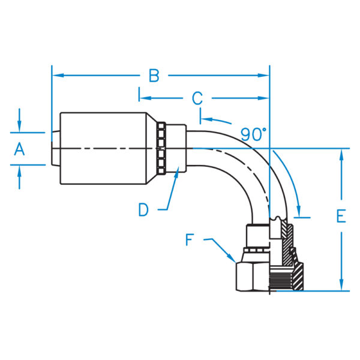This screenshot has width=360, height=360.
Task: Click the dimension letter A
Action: point(19,149)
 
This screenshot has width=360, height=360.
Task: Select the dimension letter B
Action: point(154,76)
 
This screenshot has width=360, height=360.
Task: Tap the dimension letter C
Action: point(197,98)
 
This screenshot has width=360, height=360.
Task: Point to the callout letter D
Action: point(143,209)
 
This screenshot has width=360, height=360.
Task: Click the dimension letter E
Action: point(341,217)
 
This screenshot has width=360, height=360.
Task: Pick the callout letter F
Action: point(191,240)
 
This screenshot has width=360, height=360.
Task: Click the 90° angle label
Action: point(253,134)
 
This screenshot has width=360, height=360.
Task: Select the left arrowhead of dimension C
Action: point(145,98)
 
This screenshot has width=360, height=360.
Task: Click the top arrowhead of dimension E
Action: point(341,154)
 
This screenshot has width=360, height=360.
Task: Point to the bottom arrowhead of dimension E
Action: point(341,286)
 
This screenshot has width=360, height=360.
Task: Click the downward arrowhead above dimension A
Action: point(19,127)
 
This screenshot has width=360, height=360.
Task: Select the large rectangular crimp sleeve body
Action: point(102,148)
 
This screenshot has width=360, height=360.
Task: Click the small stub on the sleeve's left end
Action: point(55,148)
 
